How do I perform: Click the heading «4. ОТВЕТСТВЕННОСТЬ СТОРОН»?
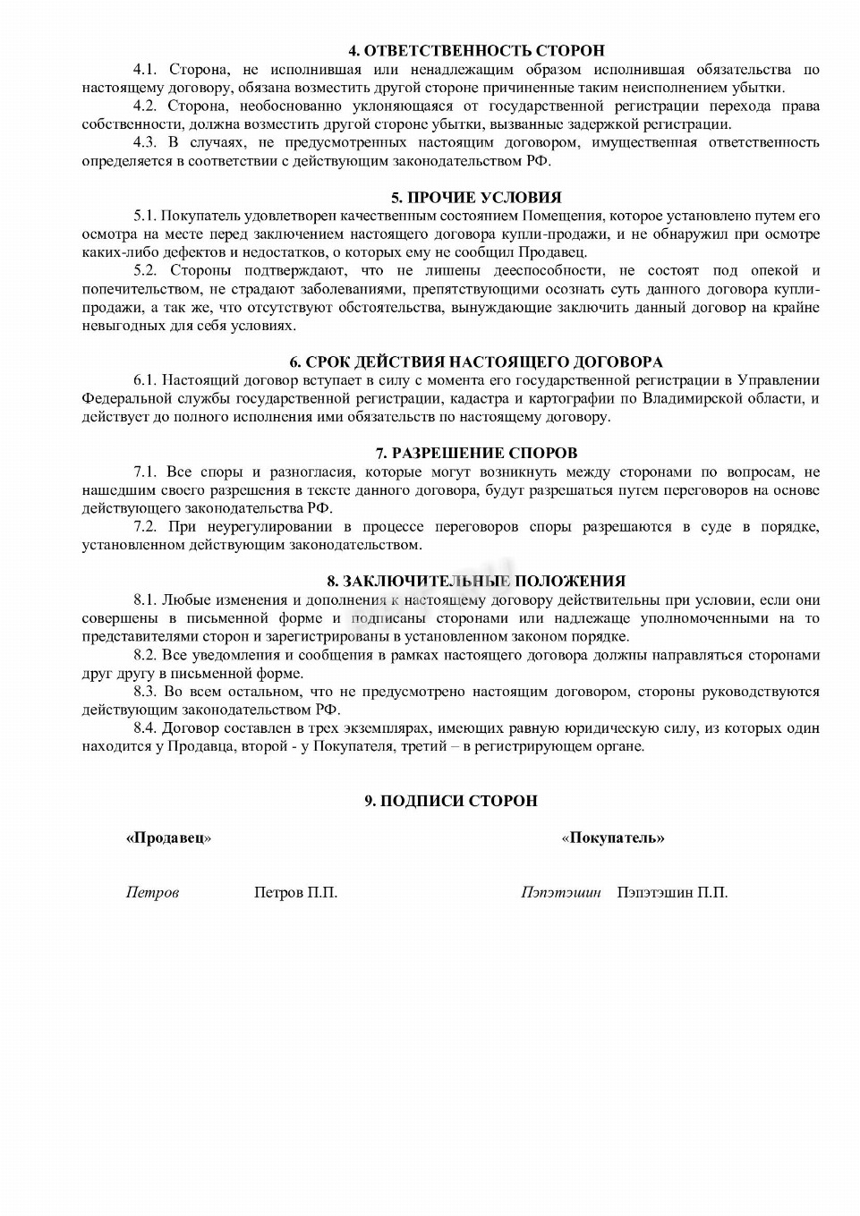(x=476, y=51)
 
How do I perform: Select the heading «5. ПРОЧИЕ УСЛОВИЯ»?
(x=476, y=198)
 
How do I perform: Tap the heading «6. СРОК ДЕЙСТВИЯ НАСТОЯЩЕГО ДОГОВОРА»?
(x=476, y=362)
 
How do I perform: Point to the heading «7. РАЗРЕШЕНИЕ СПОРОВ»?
(x=476, y=454)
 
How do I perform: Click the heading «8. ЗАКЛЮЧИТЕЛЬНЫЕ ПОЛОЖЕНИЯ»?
(x=476, y=582)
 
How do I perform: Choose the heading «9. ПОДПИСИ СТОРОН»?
(x=451, y=801)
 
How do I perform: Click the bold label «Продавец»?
(x=168, y=838)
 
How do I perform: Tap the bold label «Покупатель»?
(x=613, y=838)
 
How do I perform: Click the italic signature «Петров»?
(x=152, y=892)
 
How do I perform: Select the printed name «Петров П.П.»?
(x=295, y=892)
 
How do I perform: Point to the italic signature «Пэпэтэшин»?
(x=561, y=892)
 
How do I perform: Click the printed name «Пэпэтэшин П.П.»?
(x=672, y=892)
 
